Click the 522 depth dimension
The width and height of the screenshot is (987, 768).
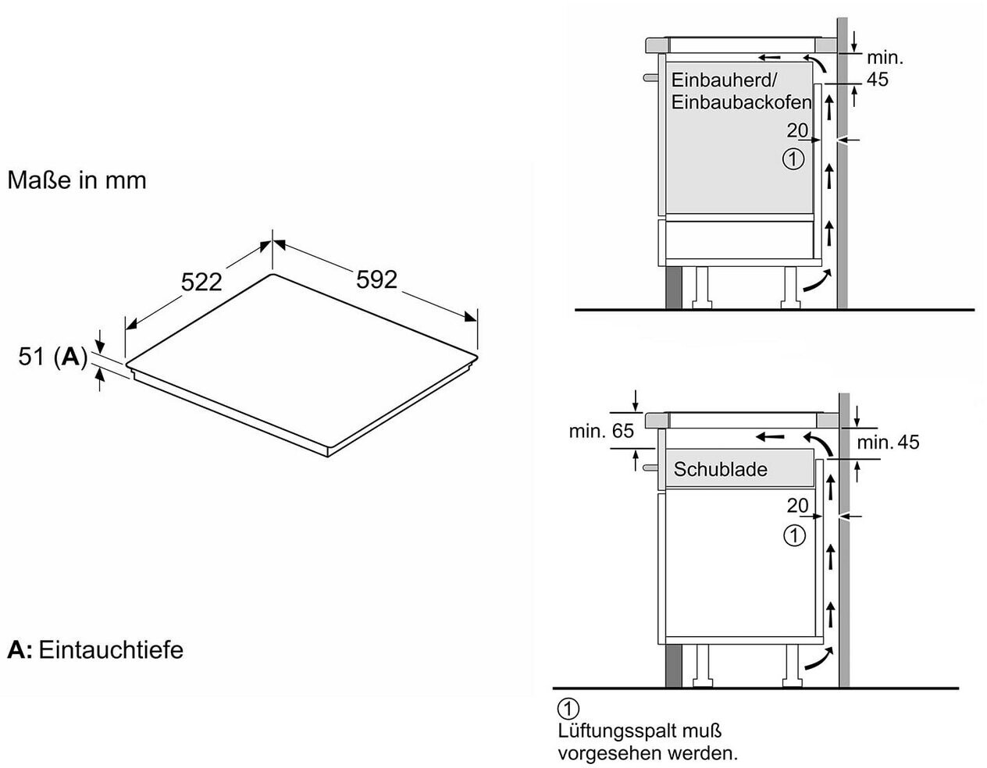click(202, 282)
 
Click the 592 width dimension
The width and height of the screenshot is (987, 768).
click(376, 279)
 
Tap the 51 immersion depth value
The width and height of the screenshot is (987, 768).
click(31, 357)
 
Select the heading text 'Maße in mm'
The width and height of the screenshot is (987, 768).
click(77, 180)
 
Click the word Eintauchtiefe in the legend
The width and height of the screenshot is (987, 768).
click(111, 649)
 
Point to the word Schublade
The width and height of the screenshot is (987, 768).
click(720, 470)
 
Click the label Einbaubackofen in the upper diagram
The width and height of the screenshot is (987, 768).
click(741, 102)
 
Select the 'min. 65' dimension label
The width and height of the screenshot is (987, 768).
click(601, 431)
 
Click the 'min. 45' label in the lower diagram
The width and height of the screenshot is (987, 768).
click(888, 443)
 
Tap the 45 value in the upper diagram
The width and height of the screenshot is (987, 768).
click(877, 80)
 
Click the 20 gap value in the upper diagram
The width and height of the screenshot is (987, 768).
click(797, 130)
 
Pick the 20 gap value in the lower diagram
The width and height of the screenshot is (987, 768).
click(797, 506)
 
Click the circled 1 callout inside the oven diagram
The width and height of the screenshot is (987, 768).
click(793, 159)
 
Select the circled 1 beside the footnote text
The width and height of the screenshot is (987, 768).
click(568, 709)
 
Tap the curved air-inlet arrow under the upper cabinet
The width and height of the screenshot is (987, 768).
click(816, 281)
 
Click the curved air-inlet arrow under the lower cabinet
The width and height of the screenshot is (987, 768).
click(817, 662)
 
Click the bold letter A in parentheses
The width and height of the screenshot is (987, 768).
click(71, 357)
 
